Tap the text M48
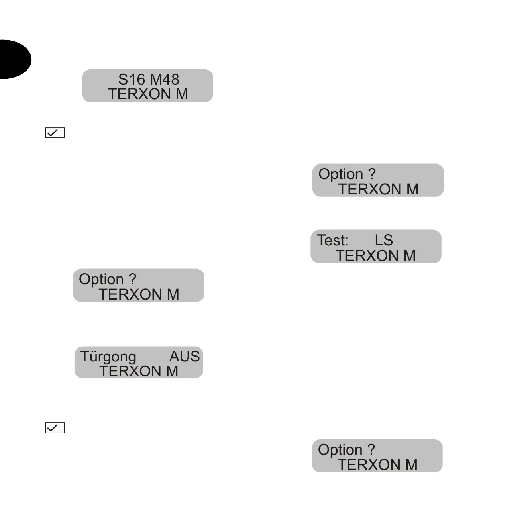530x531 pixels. pos(164,79)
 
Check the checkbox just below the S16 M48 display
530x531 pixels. pos(55,133)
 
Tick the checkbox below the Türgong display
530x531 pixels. pos(55,428)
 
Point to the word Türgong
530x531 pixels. pos(108,357)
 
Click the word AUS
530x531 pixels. pos(184,356)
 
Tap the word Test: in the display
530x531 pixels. pos(332,240)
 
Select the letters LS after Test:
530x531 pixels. pos(384,240)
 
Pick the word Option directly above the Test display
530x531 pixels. pos(341,174)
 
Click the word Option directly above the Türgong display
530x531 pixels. pos(101,280)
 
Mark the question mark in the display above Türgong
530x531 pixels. pos(132,279)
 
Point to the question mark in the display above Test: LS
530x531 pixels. pos(371,174)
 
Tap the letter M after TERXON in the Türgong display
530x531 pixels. pos(172,371)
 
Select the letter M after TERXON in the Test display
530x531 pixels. pos(410,255)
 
